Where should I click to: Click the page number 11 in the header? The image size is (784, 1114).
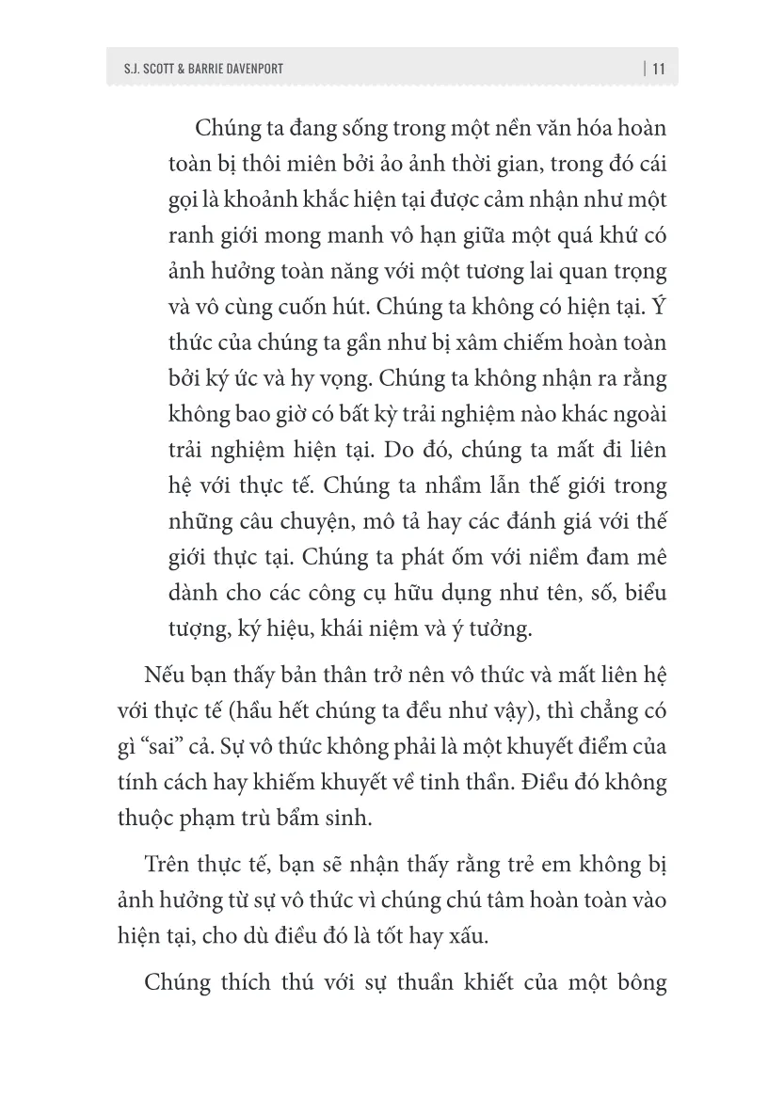point(658,68)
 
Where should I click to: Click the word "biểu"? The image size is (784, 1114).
point(644,593)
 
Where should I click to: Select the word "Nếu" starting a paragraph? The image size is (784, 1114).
point(166,676)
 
